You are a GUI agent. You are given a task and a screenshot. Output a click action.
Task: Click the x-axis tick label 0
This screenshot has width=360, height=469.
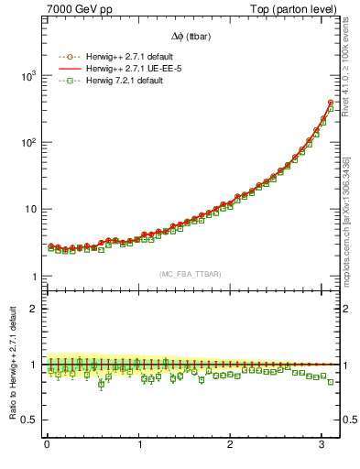47,446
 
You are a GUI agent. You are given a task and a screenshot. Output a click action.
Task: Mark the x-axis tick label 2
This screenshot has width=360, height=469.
231,446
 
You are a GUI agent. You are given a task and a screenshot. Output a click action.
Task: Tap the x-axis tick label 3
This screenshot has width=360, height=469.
322,446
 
